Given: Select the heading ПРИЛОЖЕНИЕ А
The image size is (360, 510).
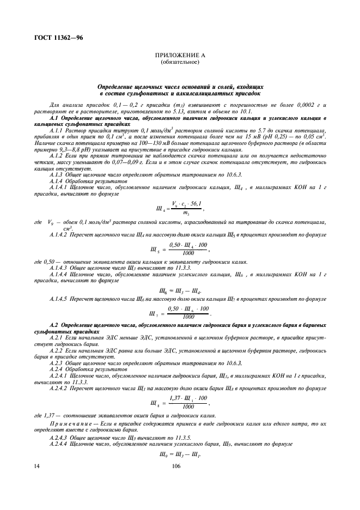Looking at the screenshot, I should click(x=180, y=56).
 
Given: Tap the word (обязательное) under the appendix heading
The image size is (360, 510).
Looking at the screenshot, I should click(x=180, y=62).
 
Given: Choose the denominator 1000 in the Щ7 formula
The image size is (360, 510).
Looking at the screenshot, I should click(x=188, y=317).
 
